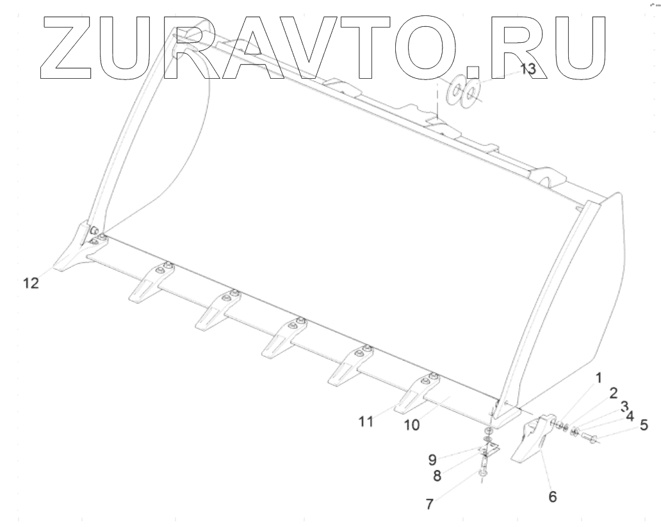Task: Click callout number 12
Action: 30,283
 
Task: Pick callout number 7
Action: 430,504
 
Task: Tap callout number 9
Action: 433,459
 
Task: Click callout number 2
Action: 613,393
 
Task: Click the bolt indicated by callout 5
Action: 591,439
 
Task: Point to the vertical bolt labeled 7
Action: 482,473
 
